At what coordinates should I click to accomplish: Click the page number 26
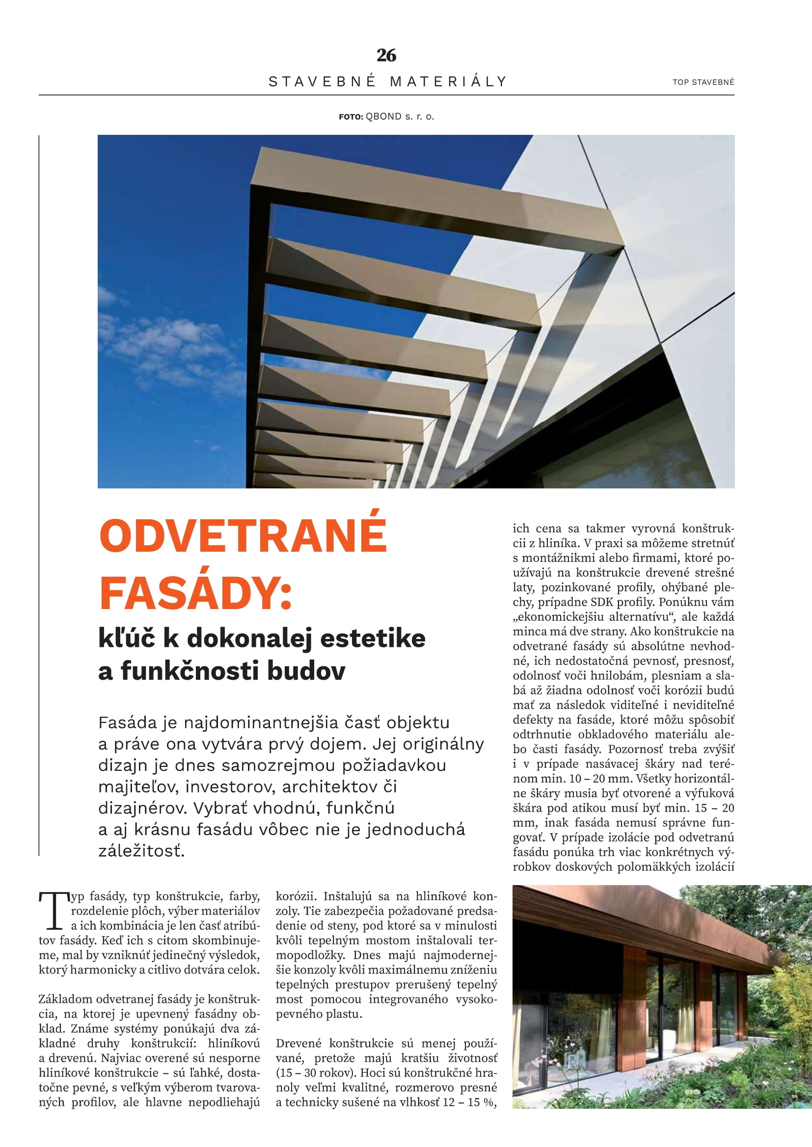(x=386, y=55)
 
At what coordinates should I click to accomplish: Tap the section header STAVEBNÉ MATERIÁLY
(x=387, y=81)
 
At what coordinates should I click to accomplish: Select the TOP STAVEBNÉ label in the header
(x=703, y=82)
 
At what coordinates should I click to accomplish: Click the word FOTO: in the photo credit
(x=351, y=117)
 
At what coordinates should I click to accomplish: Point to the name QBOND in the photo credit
(x=383, y=116)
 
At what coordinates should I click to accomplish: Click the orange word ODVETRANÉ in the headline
(x=243, y=535)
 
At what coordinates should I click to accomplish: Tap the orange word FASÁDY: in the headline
(x=195, y=593)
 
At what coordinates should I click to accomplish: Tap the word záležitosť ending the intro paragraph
(x=141, y=850)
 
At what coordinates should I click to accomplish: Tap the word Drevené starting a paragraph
(x=298, y=1044)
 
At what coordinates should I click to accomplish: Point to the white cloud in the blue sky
(x=170, y=350)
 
